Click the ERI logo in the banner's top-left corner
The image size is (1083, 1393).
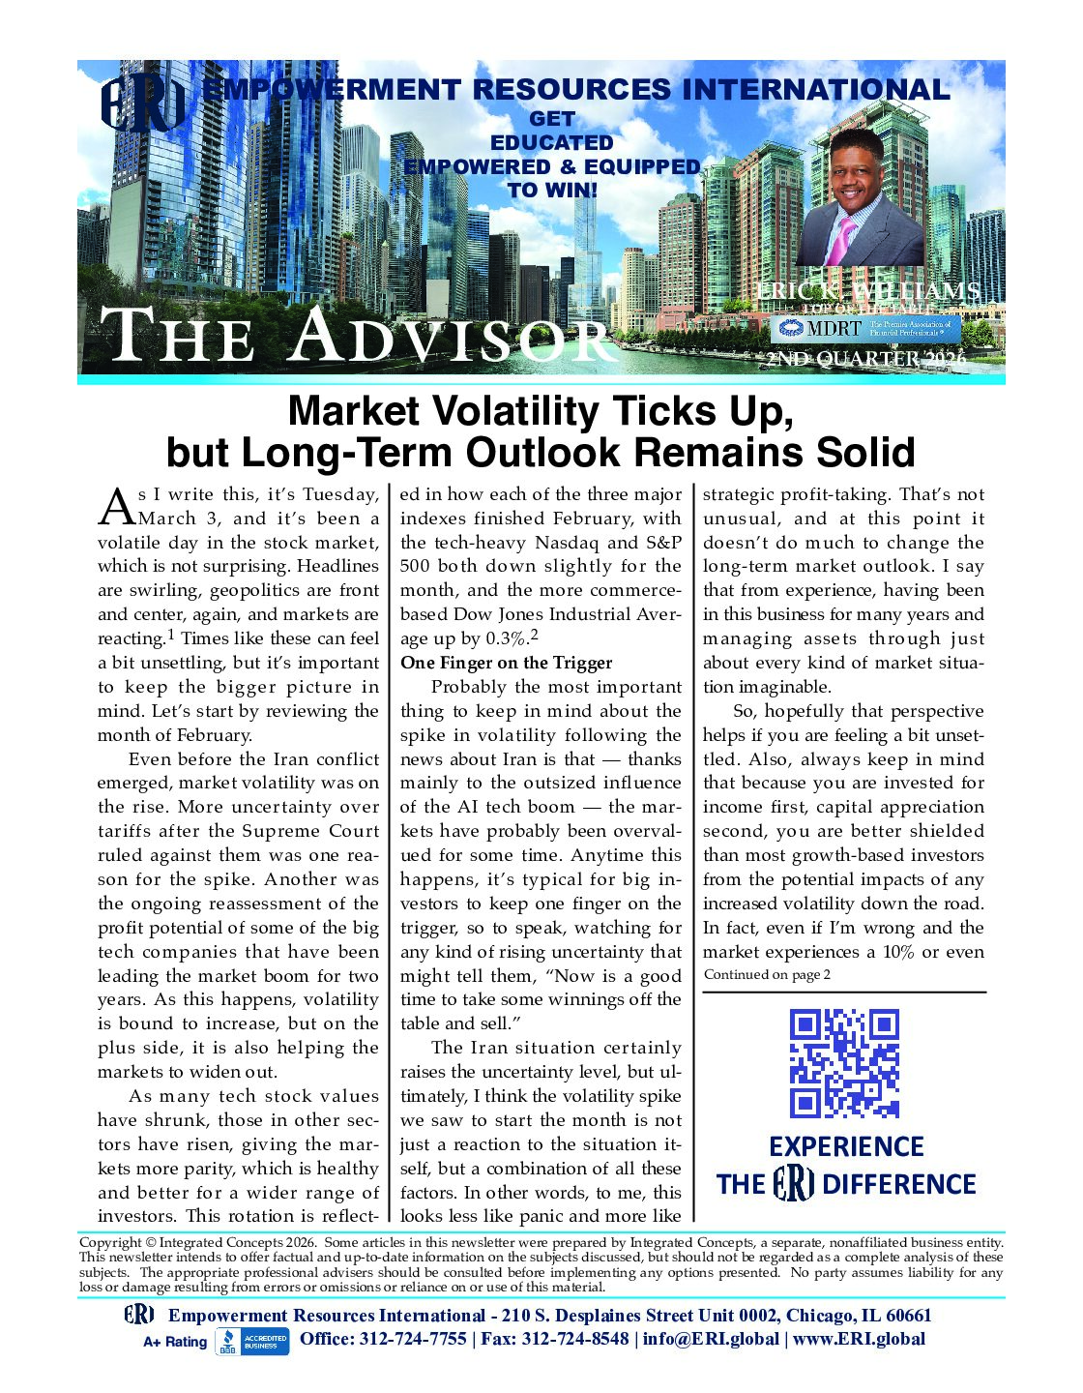click(143, 105)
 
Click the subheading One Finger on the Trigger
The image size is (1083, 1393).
click(506, 663)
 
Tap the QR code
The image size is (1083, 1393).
click(844, 1063)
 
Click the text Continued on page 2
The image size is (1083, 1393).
click(766, 975)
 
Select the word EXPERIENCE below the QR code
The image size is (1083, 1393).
click(846, 1147)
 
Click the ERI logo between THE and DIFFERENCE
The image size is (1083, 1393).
click(794, 1184)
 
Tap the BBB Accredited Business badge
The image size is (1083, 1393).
click(251, 1341)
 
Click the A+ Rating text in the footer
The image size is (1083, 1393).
click(175, 1342)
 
